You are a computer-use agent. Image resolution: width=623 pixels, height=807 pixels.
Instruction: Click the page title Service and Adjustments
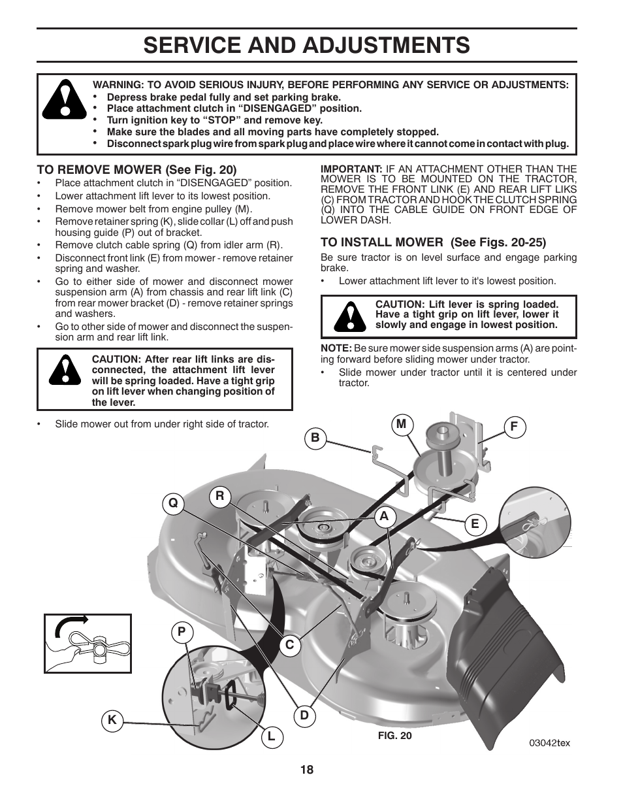click(306, 44)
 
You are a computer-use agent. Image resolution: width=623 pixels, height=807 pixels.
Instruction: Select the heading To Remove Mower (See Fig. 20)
click(136, 169)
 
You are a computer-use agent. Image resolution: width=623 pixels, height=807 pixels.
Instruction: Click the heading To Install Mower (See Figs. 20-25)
click(433, 241)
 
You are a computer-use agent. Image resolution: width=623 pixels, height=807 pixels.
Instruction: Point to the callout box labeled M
click(401, 424)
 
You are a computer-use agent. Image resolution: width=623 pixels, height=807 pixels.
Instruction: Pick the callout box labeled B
click(315, 438)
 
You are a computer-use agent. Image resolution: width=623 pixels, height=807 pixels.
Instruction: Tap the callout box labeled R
click(220, 496)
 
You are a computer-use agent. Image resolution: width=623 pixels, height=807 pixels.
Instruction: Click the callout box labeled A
click(385, 516)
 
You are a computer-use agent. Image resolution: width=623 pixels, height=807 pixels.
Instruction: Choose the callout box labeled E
click(475, 524)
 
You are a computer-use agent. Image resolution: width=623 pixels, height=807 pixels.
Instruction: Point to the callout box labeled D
click(304, 716)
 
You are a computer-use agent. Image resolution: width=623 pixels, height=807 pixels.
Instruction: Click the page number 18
click(307, 770)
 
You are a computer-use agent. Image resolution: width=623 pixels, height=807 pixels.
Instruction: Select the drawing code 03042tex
click(549, 744)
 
